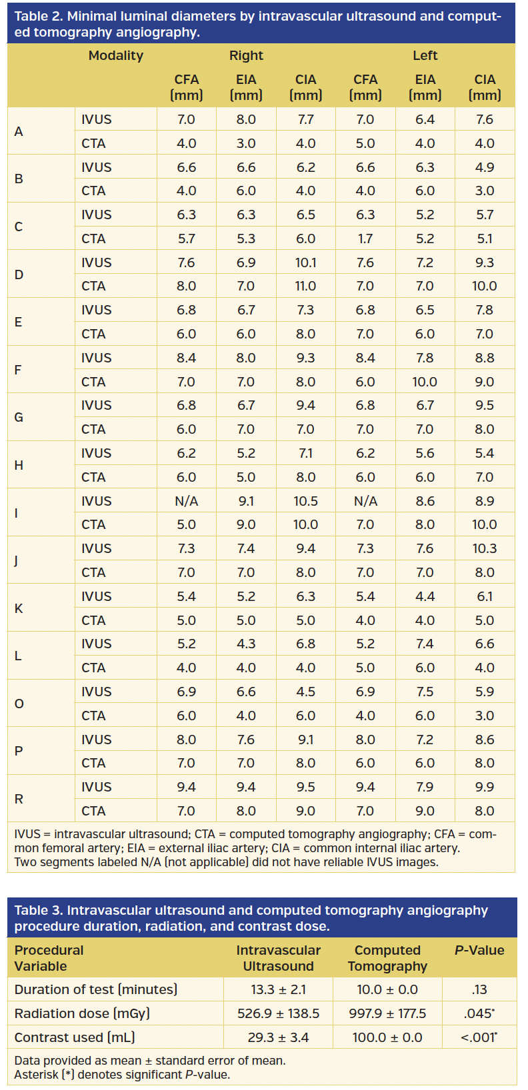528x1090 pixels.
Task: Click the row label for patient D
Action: click(x=19, y=274)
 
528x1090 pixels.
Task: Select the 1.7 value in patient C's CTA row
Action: click(x=365, y=239)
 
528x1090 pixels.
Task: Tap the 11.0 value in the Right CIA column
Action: click(x=305, y=286)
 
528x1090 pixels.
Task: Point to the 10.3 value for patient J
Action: click(x=485, y=548)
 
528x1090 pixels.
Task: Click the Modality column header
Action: click(x=116, y=56)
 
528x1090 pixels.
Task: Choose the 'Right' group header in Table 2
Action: click(x=246, y=56)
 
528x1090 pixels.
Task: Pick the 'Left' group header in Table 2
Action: click(x=425, y=56)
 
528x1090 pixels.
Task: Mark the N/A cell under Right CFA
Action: click(x=187, y=501)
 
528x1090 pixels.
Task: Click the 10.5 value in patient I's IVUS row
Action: click(x=305, y=501)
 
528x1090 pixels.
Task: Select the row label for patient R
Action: click(x=19, y=799)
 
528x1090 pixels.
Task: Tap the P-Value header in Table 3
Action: click(x=479, y=950)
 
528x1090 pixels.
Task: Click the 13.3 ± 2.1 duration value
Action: click(x=278, y=989)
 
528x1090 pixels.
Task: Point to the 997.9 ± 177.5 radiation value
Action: click(x=387, y=1013)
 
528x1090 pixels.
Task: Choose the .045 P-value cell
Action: click(x=479, y=1013)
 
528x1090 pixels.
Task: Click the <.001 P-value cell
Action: click(x=479, y=1037)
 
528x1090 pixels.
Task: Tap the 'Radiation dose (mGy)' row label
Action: click(x=82, y=1013)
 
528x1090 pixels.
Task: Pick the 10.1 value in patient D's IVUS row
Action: click(x=305, y=263)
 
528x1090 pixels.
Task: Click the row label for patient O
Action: click(x=19, y=704)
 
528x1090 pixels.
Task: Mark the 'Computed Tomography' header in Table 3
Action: click(x=387, y=958)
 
